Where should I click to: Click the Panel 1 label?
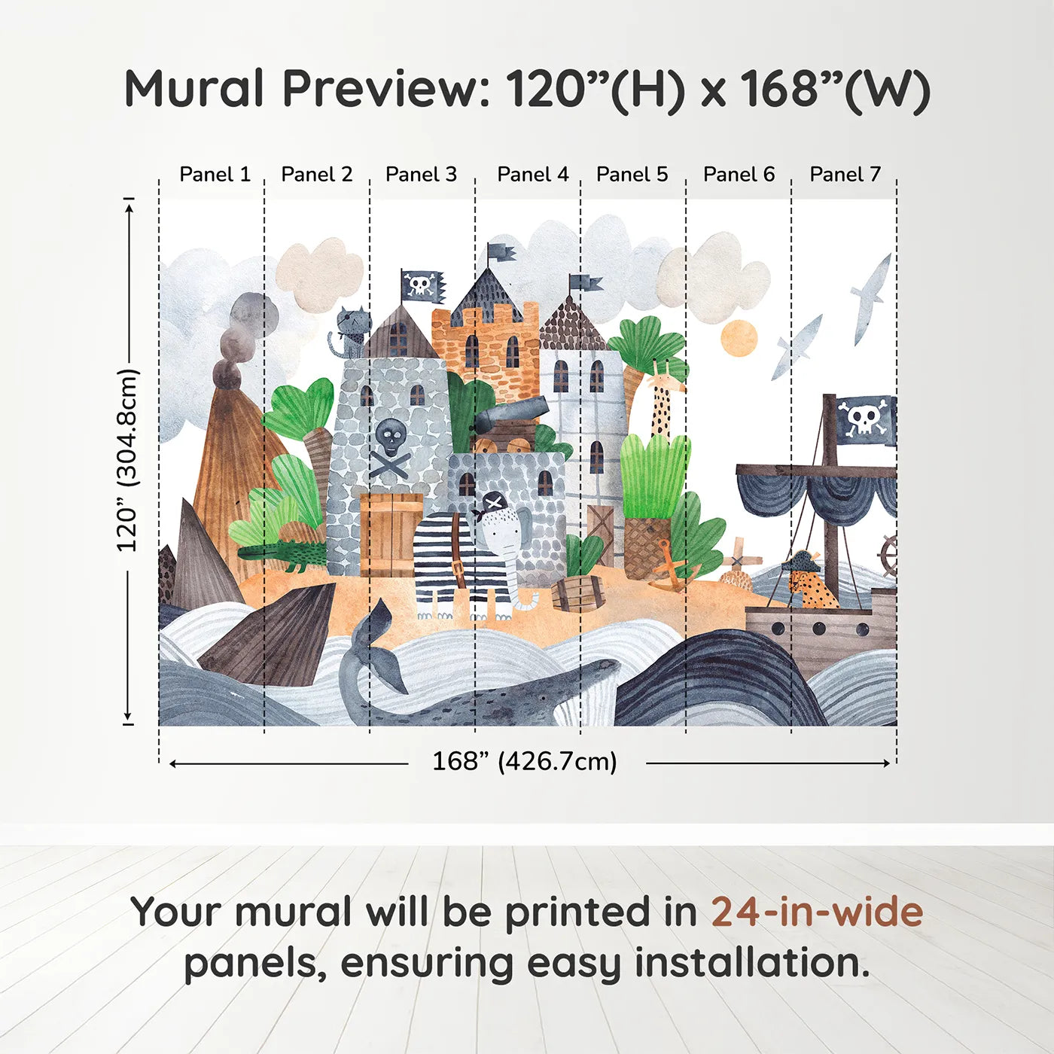(x=215, y=175)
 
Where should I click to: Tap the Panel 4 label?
(x=532, y=175)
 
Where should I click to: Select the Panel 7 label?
(x=845, y=175)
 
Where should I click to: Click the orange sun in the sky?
(x=738, y=338)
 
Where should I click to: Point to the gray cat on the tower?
(x=351, y=331)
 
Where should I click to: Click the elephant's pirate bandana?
(x=494, y=503)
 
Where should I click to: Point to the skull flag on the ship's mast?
(x=866, y=419)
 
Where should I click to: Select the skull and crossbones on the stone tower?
(x=391, y=449)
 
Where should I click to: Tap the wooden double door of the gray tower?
(x=391, y=535)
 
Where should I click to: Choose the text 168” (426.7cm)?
(x=525, y=762)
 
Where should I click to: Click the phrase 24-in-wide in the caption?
(x=817, y=912)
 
